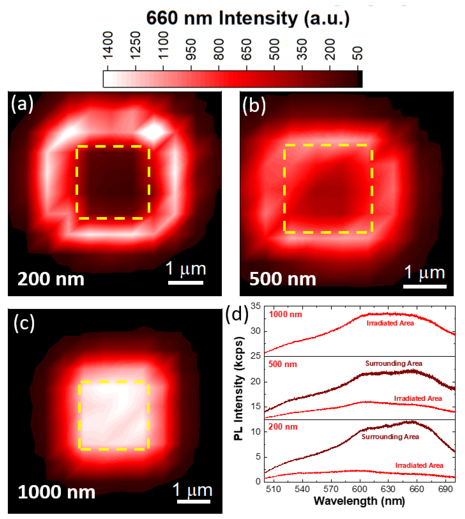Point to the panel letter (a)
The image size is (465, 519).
click(x=22, y=104)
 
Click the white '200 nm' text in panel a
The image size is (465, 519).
click(x=51, y=279)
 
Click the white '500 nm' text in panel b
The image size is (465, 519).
click(x=283, y=279)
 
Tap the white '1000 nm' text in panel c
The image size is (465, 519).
click(x=56, y=492)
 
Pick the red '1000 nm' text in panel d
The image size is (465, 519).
click(x=285, y=314)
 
